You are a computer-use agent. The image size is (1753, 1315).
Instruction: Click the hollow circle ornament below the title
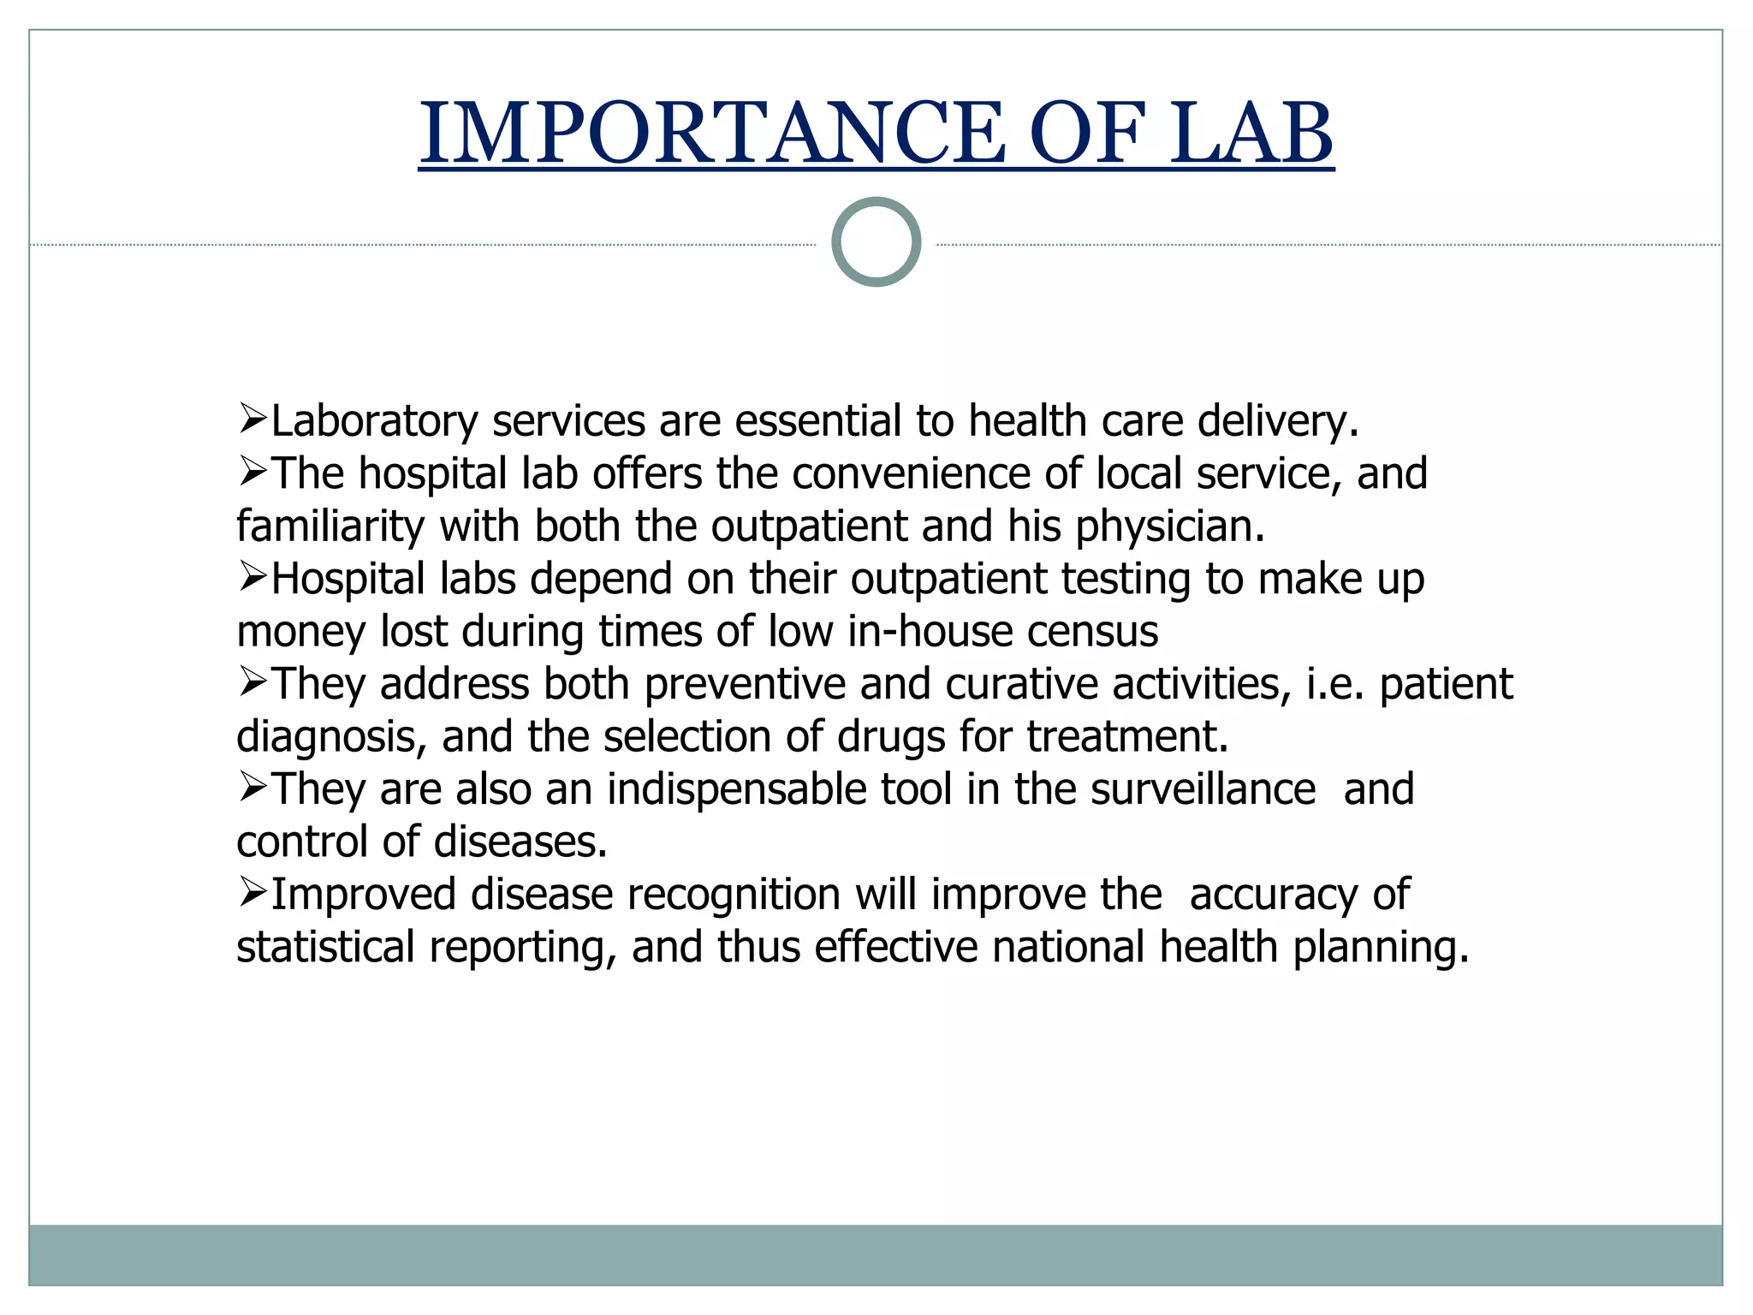tap(876, 241)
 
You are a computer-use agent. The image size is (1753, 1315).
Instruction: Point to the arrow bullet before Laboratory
tap(253, 419)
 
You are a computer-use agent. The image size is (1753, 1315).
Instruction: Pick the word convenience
tap(911, 473)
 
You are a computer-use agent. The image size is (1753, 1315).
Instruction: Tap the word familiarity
tap(330, 527)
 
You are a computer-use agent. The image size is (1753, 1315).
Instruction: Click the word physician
tap(1169, 527)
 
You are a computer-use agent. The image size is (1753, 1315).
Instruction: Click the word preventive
tap(745, 684)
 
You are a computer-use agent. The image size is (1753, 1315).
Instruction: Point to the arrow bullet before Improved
tap(253, 892)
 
